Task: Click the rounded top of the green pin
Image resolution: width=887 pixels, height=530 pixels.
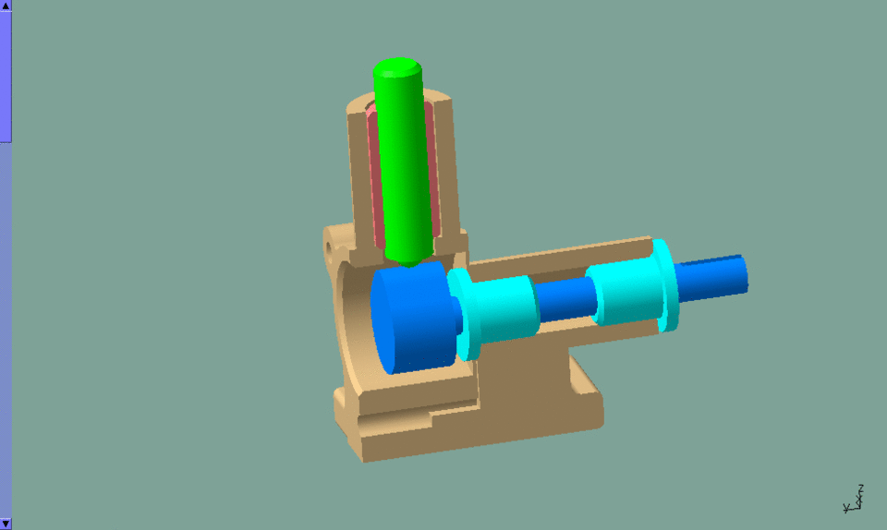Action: (397, 67)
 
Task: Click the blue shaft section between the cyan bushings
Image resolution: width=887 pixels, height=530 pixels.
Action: (564, 300)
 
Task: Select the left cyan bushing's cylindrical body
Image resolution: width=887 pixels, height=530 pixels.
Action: (508, 309)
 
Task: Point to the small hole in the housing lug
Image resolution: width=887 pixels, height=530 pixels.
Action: (330, 248)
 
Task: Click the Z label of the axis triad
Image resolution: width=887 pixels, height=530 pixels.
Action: (860, 487)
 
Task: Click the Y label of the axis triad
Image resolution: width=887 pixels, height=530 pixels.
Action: (845, 508)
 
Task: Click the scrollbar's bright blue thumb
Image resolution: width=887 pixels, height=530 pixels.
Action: (5, 74)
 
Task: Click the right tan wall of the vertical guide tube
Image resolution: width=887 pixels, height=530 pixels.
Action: (445, 166)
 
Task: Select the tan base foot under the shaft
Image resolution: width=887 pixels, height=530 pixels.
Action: (517, 406)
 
